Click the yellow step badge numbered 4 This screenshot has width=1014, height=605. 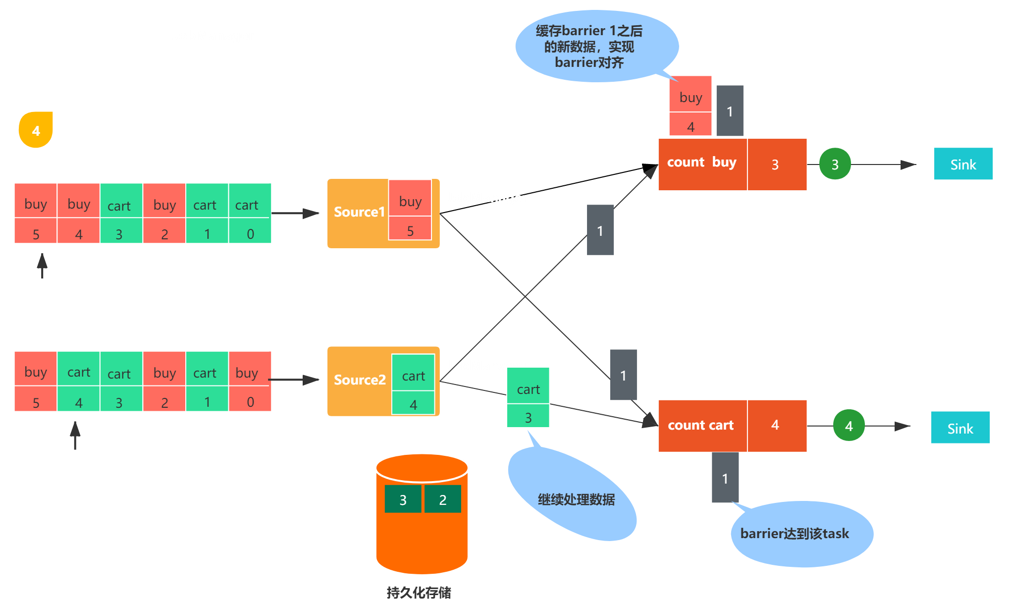(x=36, y=130)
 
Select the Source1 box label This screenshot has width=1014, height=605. (x=359, y=212)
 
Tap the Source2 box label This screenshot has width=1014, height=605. (x=360, y=380)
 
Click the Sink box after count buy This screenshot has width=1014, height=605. (x=963, y=164)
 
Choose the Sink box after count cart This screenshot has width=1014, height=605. (x=960, y=427)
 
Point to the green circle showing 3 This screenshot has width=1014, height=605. (x=835, y=164)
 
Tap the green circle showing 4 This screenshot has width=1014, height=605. (x=849, y=425)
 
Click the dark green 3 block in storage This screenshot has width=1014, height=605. (x=403, y=499)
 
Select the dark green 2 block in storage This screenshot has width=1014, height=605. (x=443, y=499)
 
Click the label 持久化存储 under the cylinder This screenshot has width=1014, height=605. (x=419, y=593)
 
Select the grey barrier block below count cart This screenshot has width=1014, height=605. (x=725, y=477)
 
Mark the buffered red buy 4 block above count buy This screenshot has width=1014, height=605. (x=691, y=106)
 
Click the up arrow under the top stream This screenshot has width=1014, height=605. (x=43, y=266)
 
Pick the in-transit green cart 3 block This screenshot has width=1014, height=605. (x=528, y=397)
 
